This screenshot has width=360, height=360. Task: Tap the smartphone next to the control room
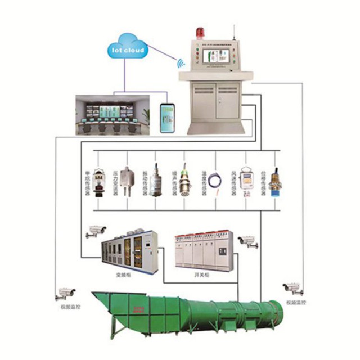[166, 118]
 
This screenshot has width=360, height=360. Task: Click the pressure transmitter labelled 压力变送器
[129, 179]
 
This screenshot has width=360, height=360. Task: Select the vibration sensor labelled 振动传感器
[158, 179]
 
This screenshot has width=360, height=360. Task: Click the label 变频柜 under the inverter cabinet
[123, 276]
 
